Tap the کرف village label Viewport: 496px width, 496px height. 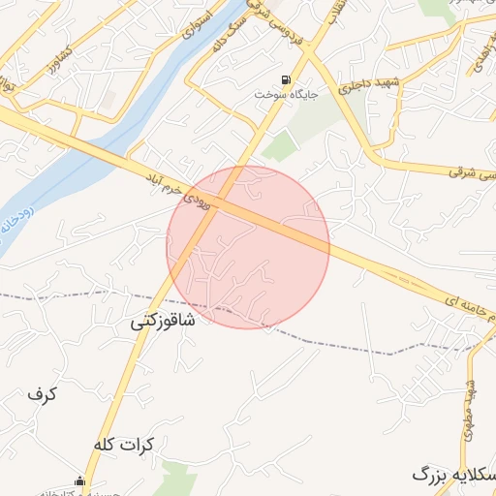(43, 394)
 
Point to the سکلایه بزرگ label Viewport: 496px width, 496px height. (453, 475)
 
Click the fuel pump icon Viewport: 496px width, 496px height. (286, 80)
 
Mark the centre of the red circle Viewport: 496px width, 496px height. (248, 247)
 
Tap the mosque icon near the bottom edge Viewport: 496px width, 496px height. (80, 481)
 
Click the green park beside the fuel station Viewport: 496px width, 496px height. (281, 146)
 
